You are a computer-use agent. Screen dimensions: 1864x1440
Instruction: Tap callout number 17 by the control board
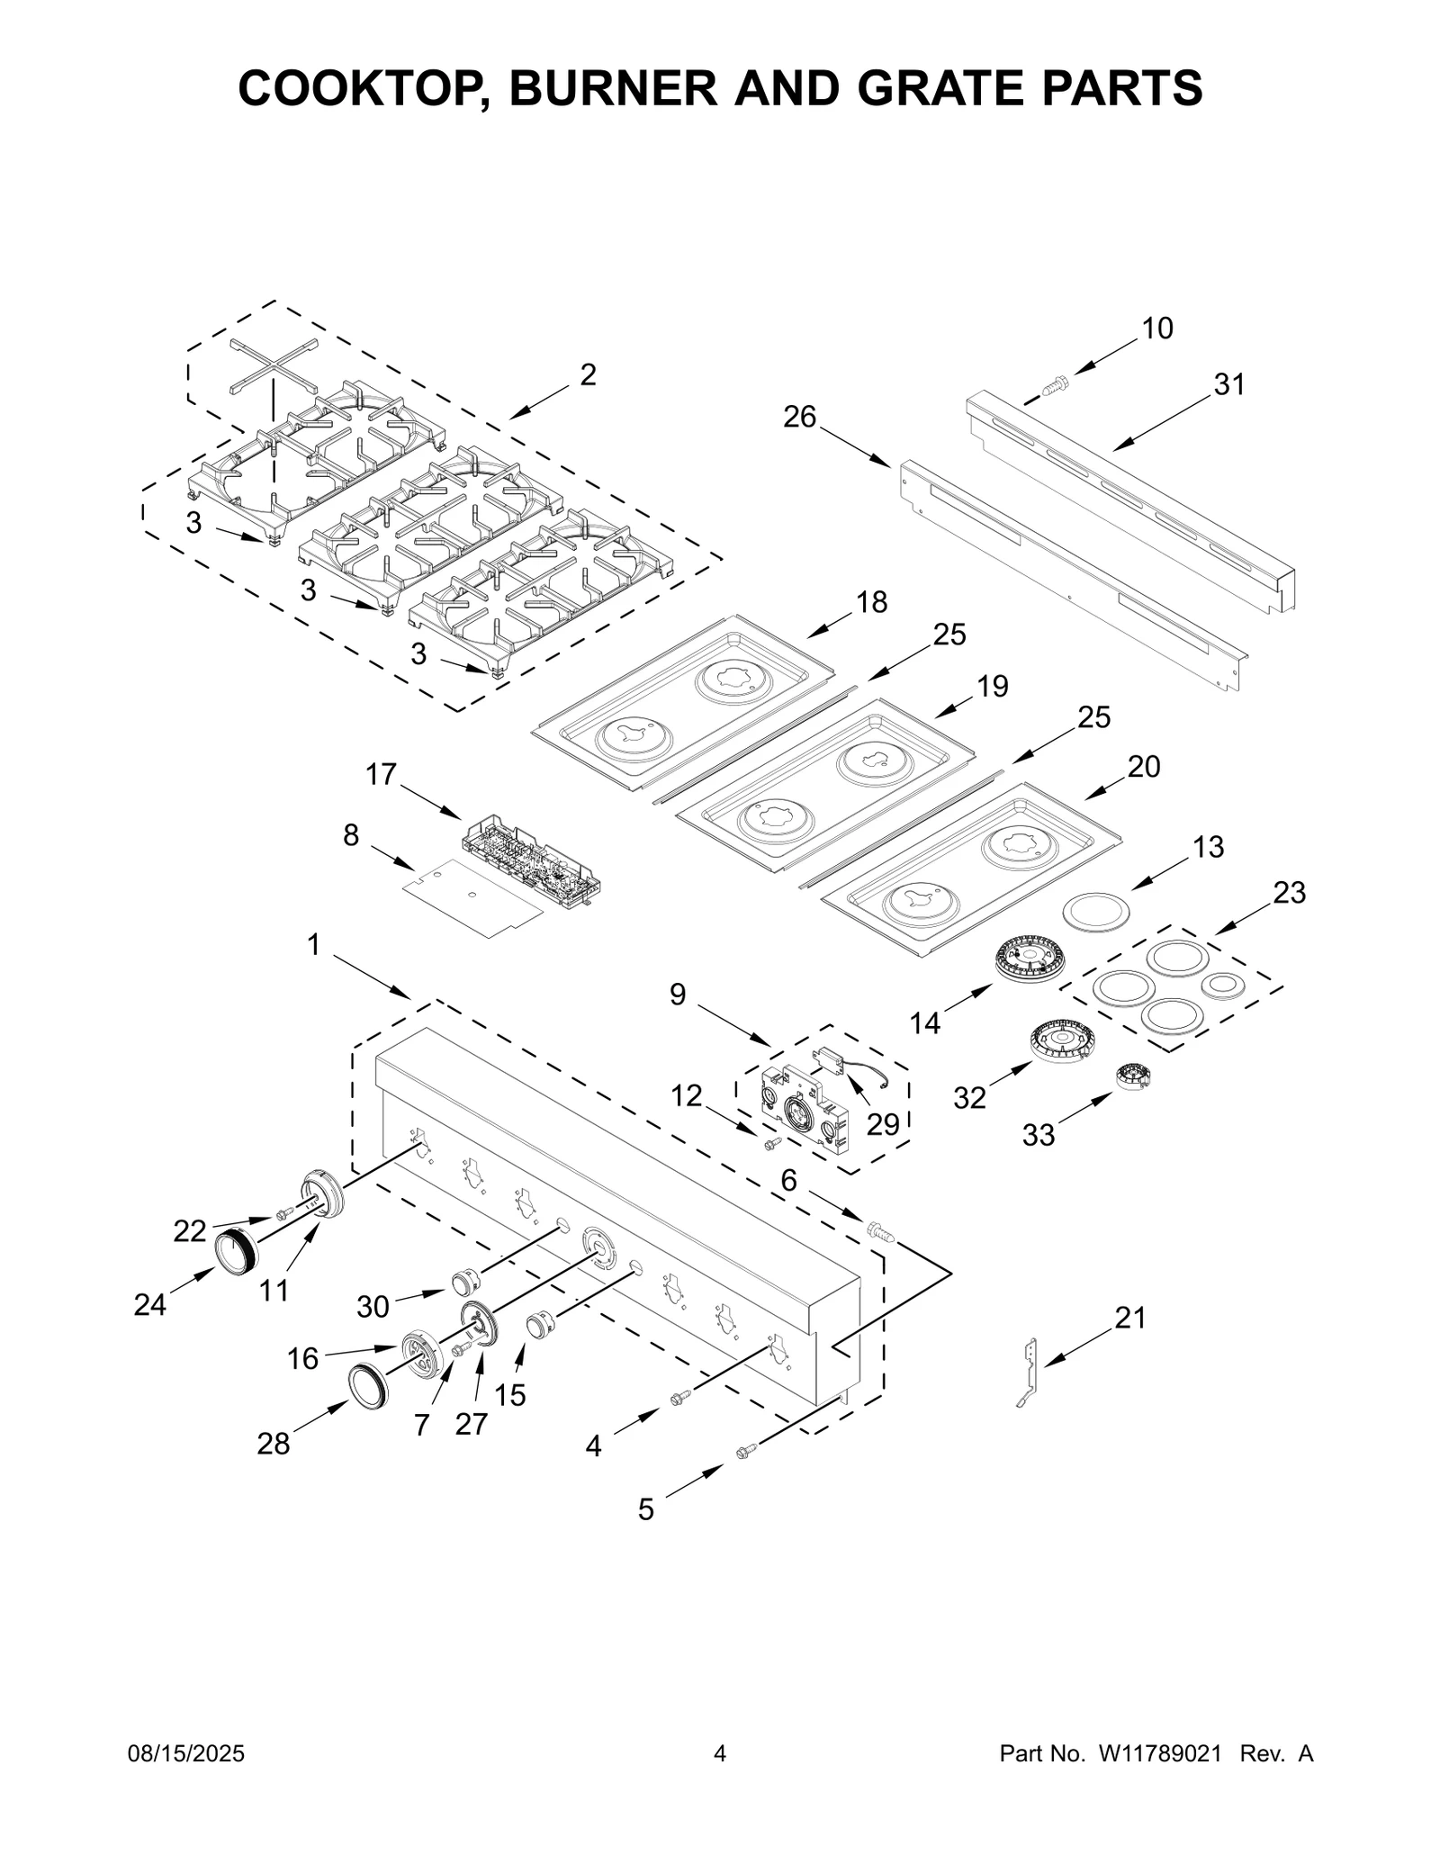[381, 774]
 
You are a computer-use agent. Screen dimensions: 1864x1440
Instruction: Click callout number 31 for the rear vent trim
[1228, 385]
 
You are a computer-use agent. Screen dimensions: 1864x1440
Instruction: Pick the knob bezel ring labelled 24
[236, 1250]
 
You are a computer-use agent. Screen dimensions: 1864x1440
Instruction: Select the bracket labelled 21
[1029, 1372]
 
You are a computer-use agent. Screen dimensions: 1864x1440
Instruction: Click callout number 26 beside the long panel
[799, 417]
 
